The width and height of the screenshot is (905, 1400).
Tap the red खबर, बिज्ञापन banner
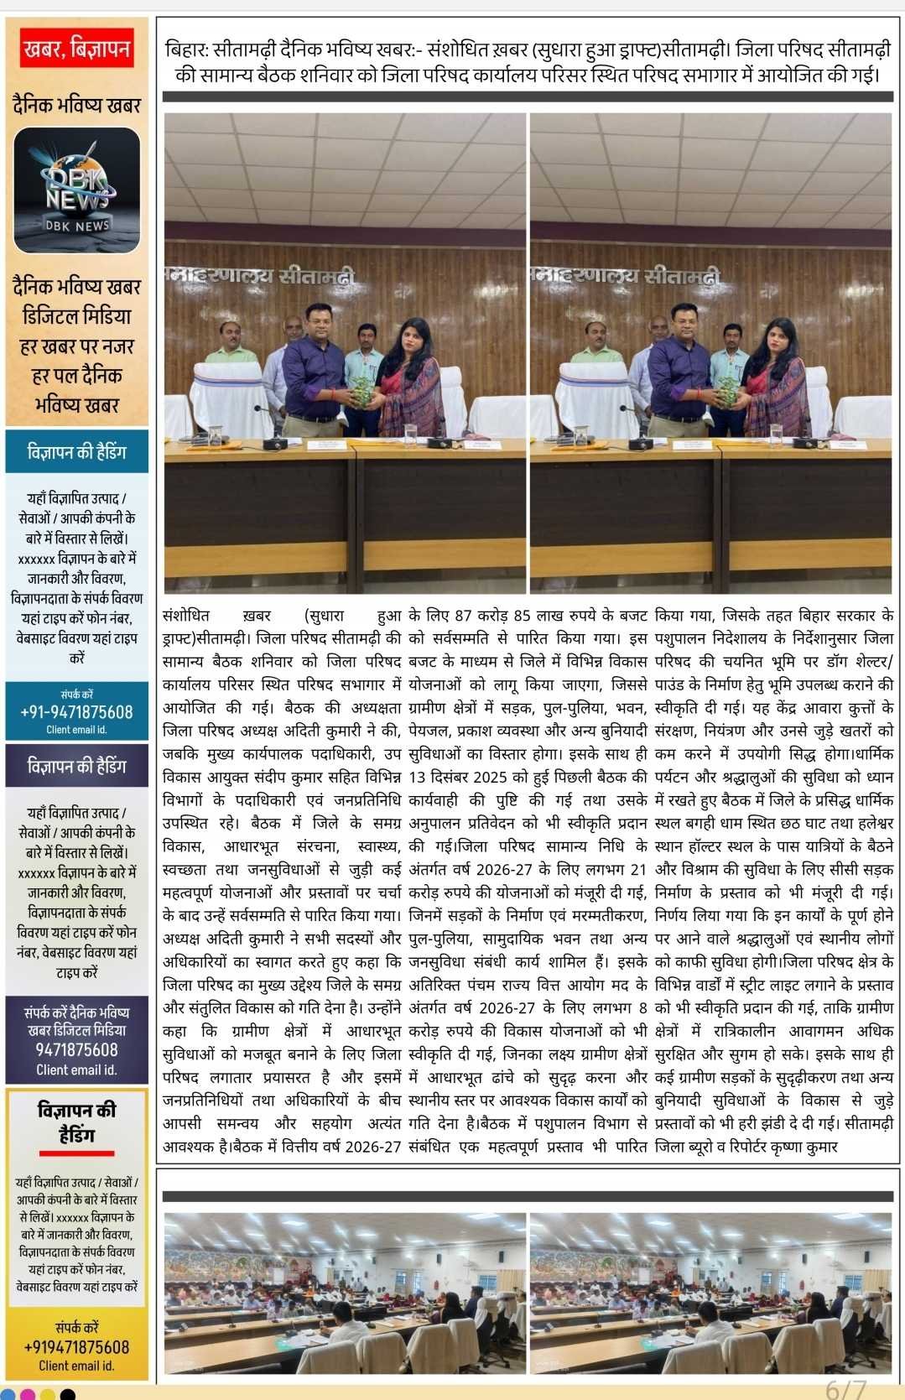[x=76, y=49]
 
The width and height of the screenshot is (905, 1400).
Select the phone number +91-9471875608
[x=76, y=712]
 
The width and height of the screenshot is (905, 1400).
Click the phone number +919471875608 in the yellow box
[x=76, y=1347]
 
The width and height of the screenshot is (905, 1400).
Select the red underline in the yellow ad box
[x=76, y=1153]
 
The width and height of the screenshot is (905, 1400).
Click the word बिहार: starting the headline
[x=187, y=49]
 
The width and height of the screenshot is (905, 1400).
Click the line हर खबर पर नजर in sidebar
[x=76, y=346]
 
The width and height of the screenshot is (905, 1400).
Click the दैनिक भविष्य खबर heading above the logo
[x=76, y=106]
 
